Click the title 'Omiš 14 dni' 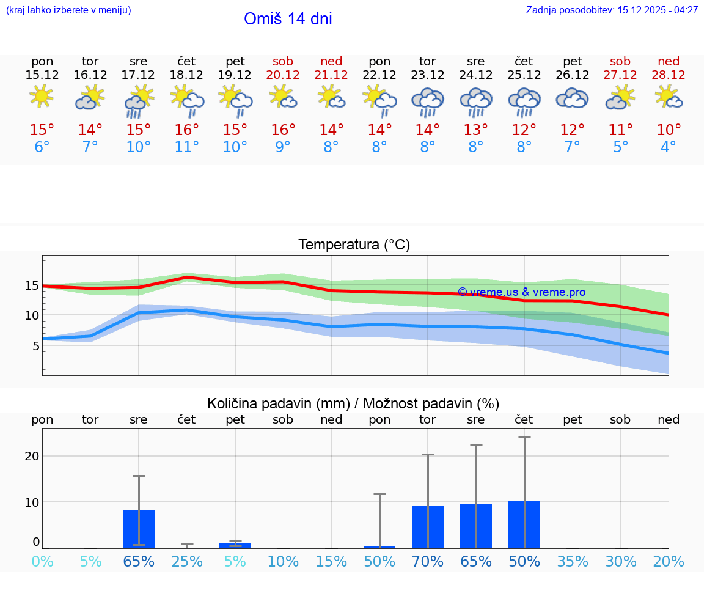pos(288,19)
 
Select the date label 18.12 pos(186,75)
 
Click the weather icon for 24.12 pos(475,100)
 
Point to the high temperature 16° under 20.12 pos(283,130)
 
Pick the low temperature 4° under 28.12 pos(669,147)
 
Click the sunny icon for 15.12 pos(42,96)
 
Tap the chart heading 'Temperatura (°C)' pos(354,245)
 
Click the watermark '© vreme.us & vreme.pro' pos(521,292)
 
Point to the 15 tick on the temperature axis pos(32,285)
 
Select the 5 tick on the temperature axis pos(35,345)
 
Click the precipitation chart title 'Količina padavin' pos(353,403)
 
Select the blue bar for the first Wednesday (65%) pos(139,529)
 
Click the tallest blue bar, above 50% pos(524,524)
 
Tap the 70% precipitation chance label pos(428,561)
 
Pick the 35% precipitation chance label pos(573,561)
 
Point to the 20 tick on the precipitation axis pos(32,456)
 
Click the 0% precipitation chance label pos(42,561)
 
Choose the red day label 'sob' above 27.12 pos(620,61)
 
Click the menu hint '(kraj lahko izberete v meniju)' pos(68,10)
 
